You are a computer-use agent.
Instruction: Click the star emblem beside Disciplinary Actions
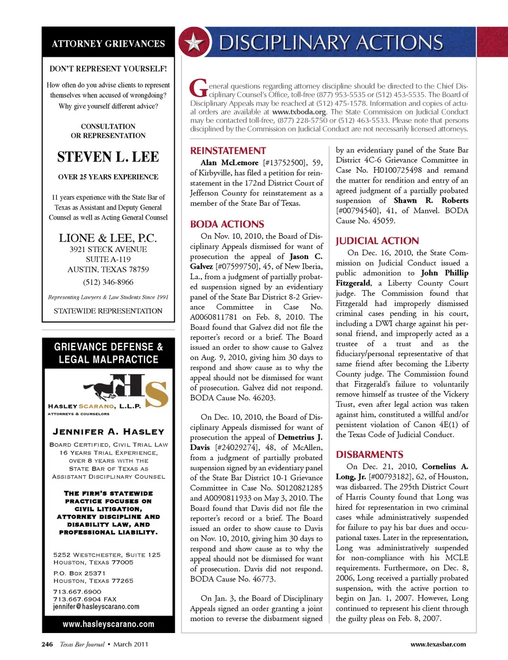point(194,43)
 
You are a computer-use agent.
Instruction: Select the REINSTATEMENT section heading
point(228,151)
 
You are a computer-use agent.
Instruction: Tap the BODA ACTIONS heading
point(227,225)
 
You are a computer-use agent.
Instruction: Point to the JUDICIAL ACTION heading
point(377,241)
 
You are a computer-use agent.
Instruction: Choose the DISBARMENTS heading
point(369,455)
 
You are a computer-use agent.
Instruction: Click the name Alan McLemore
point(230,163)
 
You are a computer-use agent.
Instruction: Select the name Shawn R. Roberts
point(431,201)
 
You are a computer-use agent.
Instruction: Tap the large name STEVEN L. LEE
point(108,157)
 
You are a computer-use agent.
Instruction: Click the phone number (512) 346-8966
point(108,282)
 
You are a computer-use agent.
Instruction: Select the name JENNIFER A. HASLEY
point(108,432)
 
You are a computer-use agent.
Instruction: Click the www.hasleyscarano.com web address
point(108,625)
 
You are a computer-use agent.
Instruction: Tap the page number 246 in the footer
point(47,645)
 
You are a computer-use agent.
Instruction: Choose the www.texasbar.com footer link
point(438,645)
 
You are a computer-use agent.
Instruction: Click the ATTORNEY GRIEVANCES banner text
point(108,44)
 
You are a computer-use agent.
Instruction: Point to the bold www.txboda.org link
point(299,112)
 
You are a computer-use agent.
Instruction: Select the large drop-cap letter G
point(198,88)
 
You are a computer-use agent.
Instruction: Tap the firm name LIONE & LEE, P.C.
point(108,238)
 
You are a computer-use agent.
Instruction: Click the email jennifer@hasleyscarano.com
point(96,607)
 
